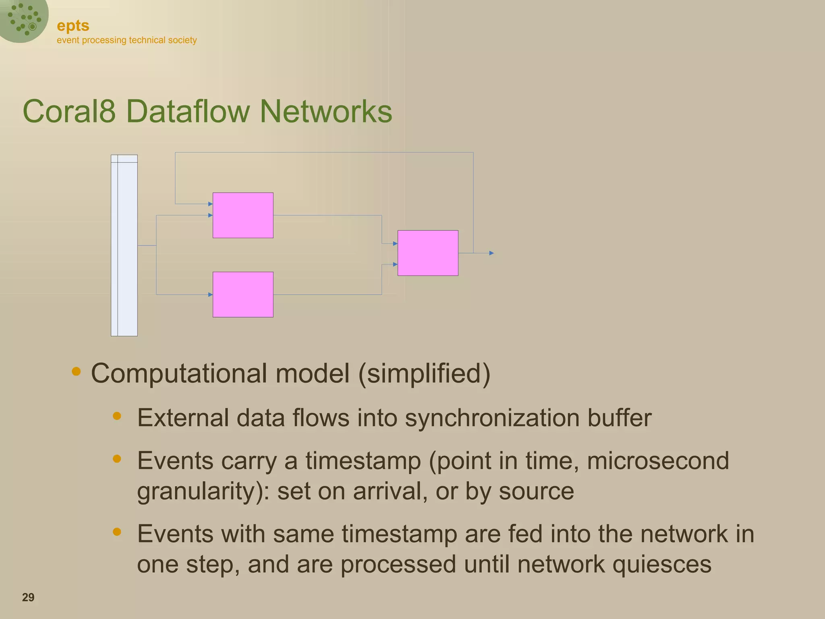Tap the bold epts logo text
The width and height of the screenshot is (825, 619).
point(73,26)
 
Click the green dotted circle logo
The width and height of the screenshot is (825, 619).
point(23,19)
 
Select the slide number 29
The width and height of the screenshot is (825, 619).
point(28,597)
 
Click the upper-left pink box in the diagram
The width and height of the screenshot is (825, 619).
point(243,215)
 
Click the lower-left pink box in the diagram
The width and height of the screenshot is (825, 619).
point(243,295)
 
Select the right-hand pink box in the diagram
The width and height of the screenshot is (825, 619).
point(428,253)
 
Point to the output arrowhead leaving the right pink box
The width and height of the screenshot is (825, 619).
point(491,253)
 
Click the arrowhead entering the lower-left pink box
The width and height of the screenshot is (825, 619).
point(210,295)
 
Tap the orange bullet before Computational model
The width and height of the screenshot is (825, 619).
point(76,371)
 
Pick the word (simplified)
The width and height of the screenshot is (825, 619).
point(424,373)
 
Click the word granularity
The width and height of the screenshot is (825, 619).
point(200,491)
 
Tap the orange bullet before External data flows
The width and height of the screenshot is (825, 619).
point(117,416)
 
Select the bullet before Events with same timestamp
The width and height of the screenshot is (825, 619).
point(117,532)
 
